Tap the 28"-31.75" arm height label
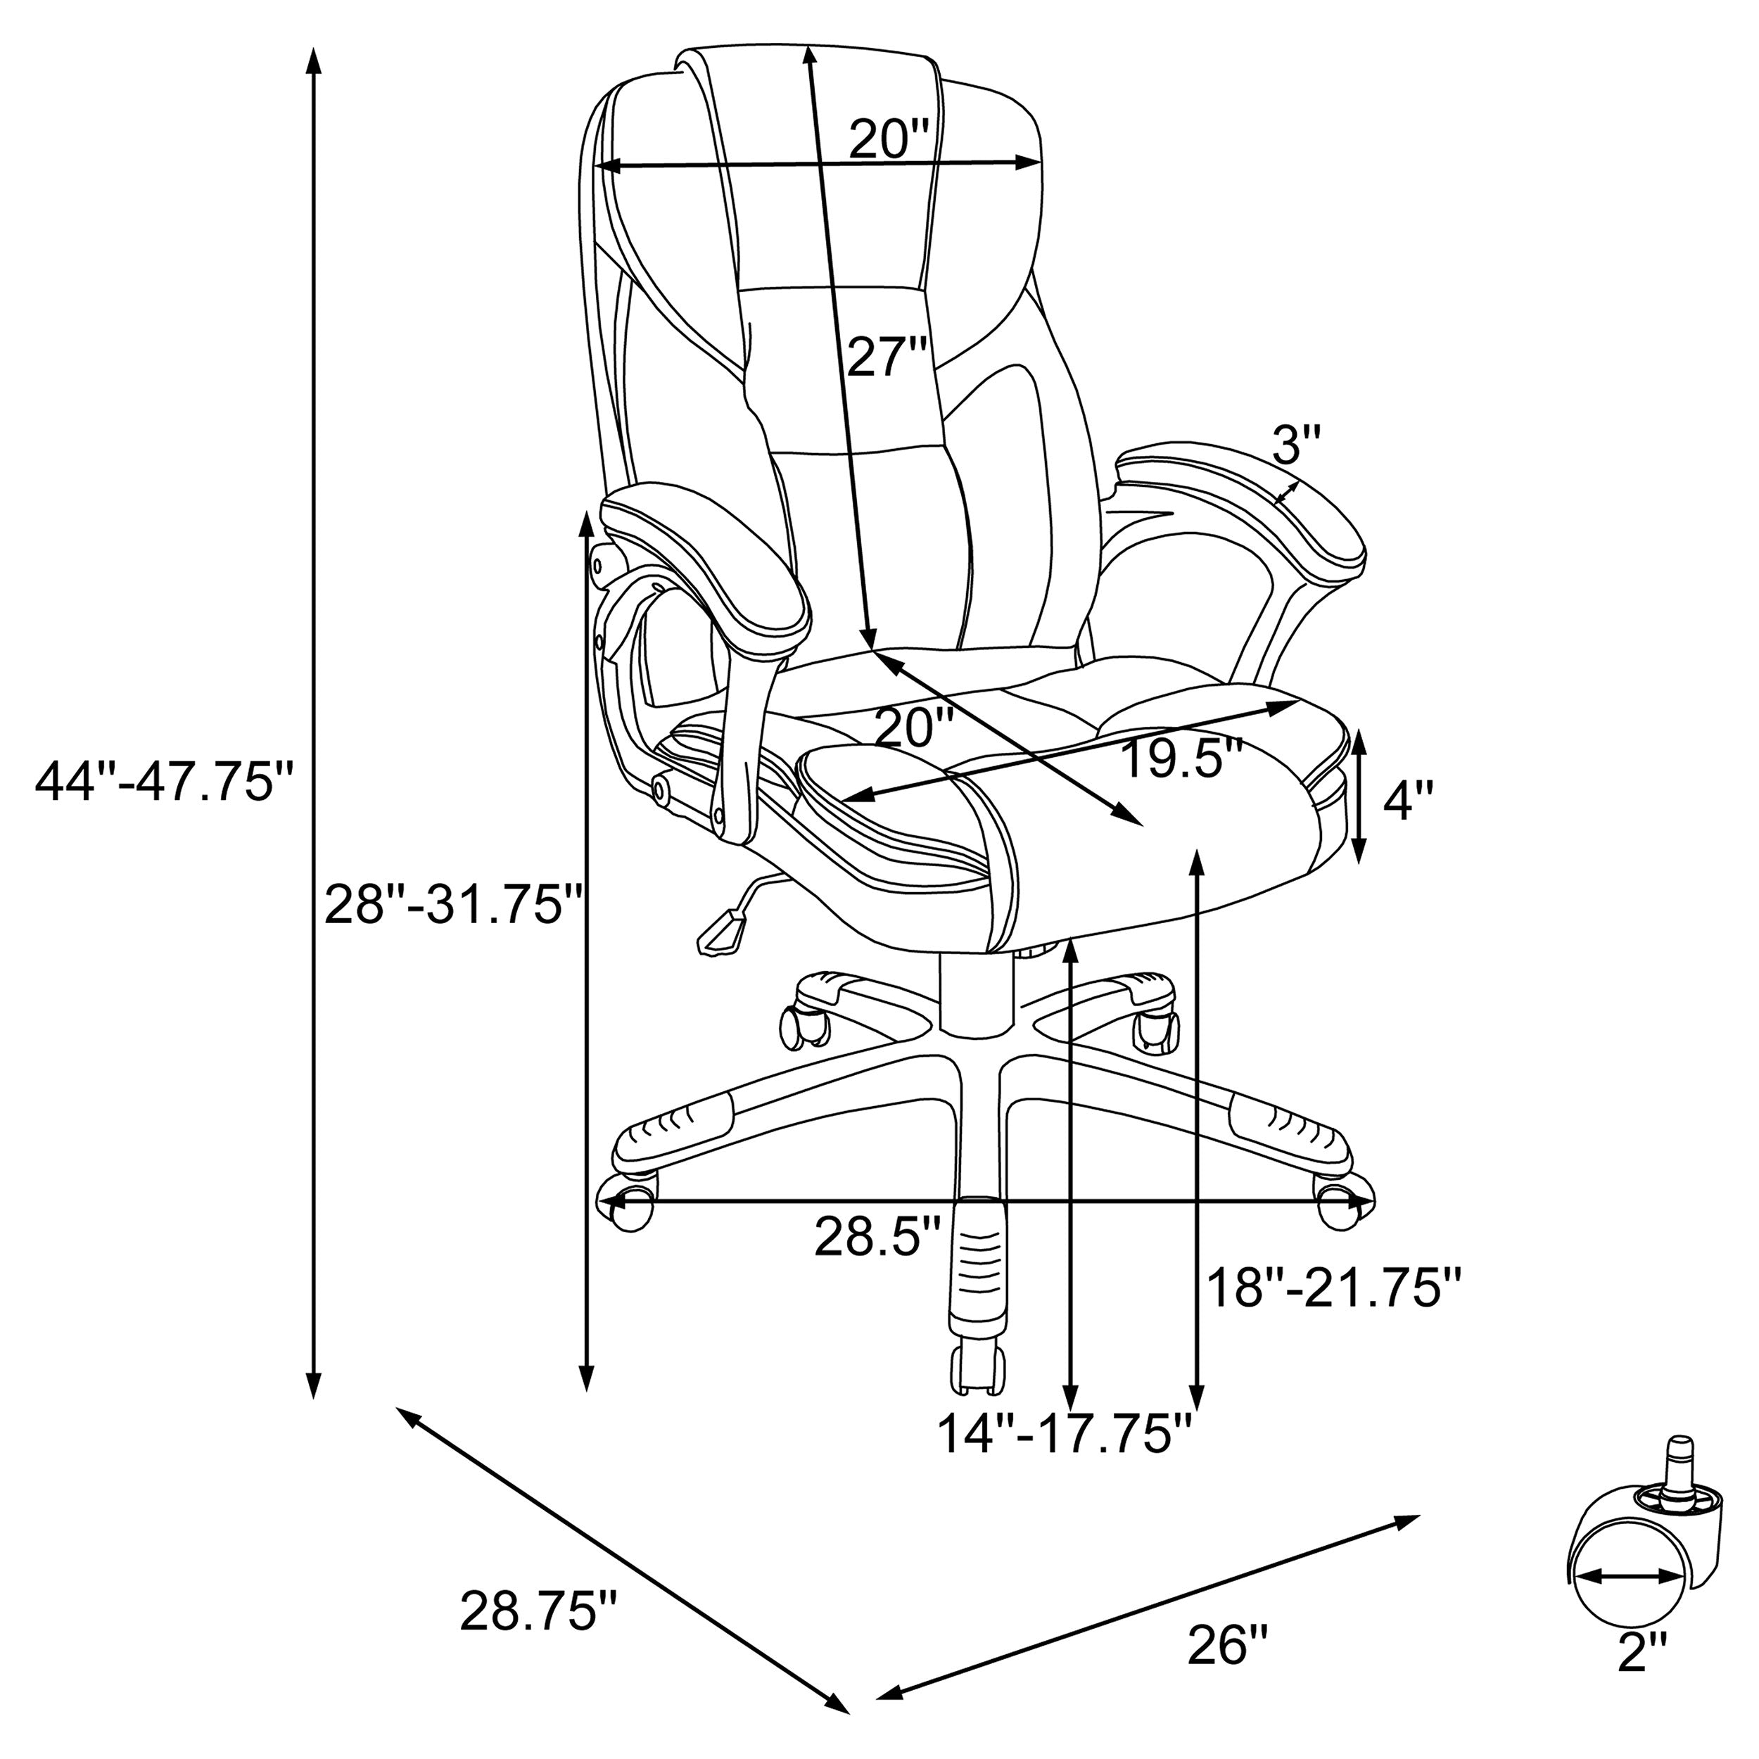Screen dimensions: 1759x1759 coord(453,906)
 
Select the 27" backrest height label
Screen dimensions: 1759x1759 coord(887,356)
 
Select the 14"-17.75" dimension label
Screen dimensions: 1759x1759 coord(1065,1459)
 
